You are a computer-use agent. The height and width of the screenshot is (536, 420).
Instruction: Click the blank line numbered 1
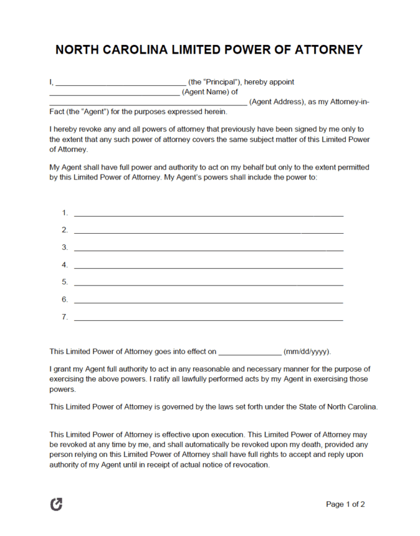[208, 215]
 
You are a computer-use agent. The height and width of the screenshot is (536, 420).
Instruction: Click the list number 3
[64, 247]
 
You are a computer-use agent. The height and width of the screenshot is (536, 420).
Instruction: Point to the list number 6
[64, 300]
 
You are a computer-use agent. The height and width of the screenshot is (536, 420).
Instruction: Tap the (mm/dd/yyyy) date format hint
[307, 352]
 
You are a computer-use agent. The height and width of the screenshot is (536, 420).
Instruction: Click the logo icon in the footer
[56, 504]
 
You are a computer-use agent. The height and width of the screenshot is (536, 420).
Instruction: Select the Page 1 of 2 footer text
[345, 504]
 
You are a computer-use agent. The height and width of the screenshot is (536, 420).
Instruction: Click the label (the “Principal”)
[214, 82]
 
